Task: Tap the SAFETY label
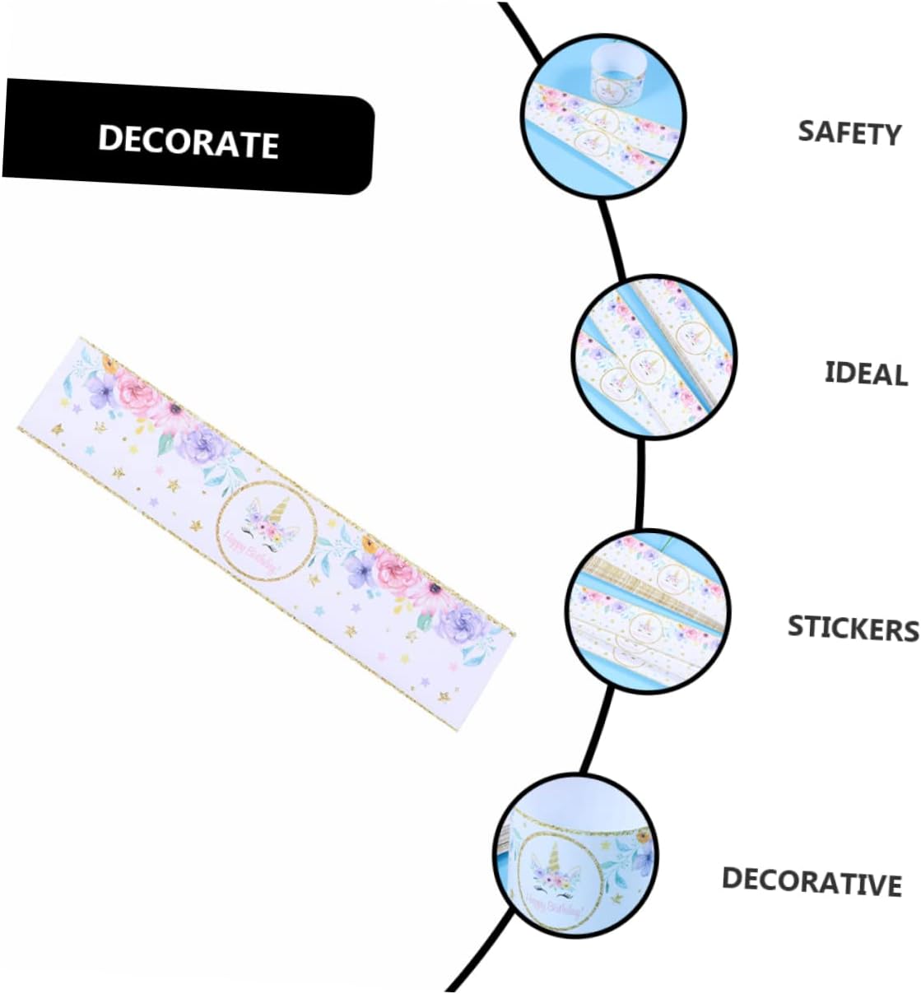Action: click(849, 132)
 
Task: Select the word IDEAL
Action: click(866, 373)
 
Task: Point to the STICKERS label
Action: click(853, 628)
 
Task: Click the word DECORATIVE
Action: click(812, 881)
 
